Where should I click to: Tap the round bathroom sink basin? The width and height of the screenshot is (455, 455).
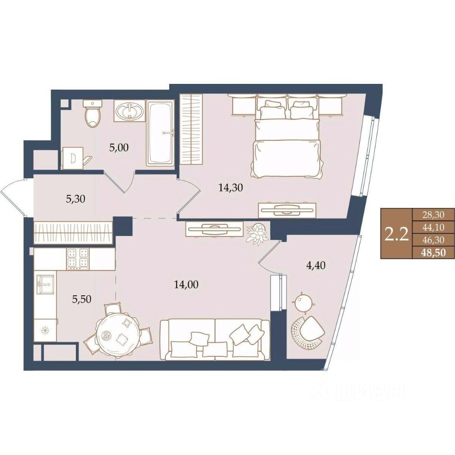pyautogui.click(x=129, y=111)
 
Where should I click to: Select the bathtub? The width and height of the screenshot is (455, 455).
pyautogui.click(x=161, y=133)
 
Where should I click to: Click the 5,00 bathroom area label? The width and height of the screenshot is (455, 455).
pyautogui.click(x=118, y=148)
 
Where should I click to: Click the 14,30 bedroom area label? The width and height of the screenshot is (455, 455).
pyautogui.click(x=231, y=188)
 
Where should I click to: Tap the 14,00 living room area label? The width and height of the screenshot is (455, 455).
pyautogui.click(x=186, y=284)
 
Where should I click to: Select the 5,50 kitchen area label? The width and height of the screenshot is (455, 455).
pyautogui.click(x=82, y=299)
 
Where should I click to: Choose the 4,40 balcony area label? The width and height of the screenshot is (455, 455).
pyautogui.click(x=316, y=265)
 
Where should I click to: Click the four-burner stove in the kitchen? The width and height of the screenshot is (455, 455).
pyautogui.click(x=78, y=259)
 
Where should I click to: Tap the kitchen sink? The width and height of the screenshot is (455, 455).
pyautogui.click(x=45, y=284)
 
